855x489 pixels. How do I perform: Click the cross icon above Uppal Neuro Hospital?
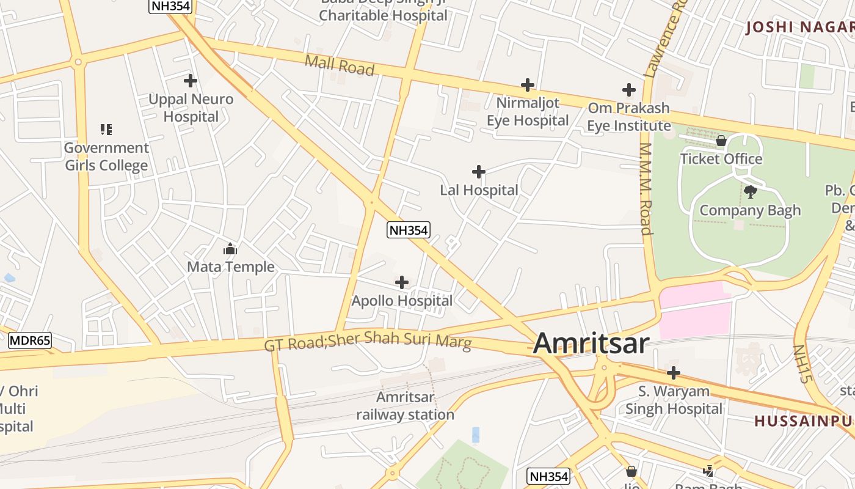pyautogui.click(x=191, y=81)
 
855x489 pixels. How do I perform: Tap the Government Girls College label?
pyautogui.click(x=106, y=156)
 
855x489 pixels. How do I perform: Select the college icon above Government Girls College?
pyautogui.click(x=106, y=130)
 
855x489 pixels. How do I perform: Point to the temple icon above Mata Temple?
pyautogui.click(x=230, y=249)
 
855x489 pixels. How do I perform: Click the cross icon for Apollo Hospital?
pyautogui.click(x=402, y=282)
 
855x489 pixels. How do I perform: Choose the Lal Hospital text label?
pyautogui.click(x=479, y=190)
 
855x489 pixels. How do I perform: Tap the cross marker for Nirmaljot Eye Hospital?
pyautogui.click(x=528, y=85)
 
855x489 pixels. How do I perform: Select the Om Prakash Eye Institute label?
pyautogui.click(x=628, y=117)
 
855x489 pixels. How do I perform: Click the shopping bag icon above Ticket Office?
pyautogui.click(x=721, y=141)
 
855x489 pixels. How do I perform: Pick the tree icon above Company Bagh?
pyautogui.click(x=751, y=193)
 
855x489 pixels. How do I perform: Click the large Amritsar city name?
pyautogui.click(x=591, y=344)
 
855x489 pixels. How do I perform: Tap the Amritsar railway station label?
pyautogui.click(x=406, y=406)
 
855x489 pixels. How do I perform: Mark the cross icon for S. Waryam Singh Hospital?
pyautogui.click(x=674, y=373)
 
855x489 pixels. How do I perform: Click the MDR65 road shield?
pyautogui.click(x=30, y=341)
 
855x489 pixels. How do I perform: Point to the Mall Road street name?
pyautogui.click(x=339, y=65)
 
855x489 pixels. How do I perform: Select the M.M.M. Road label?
pyautogui.click(x=646, y=189)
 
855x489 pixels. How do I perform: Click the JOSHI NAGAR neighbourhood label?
pyautogui.click(x=800, y=27)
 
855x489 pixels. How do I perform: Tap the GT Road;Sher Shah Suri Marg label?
pyautogui.click(x=368, y=341)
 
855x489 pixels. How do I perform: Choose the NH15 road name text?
pyautogui.click(x=801, y=364)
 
